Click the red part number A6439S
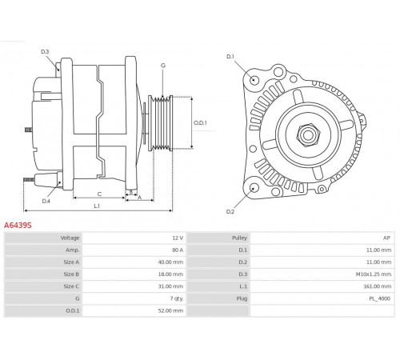pyautogui.click(x=18, y=226)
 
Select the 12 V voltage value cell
pyautogui.click(x=178, y=238)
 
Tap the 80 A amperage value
pyautogui.click(x=178, y=250)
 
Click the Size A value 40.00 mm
pyautogui.click(x=170, y=262)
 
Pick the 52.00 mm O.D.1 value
pyautogui.click(x=170, y=310)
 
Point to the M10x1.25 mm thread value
pyautogui.click(x=374, y=274)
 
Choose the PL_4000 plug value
pyautogui.click(x=379, y=298)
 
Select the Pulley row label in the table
pyautogui.click(x=239, y=238)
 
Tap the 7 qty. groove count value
pyautogui.click(x=177, y=298)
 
